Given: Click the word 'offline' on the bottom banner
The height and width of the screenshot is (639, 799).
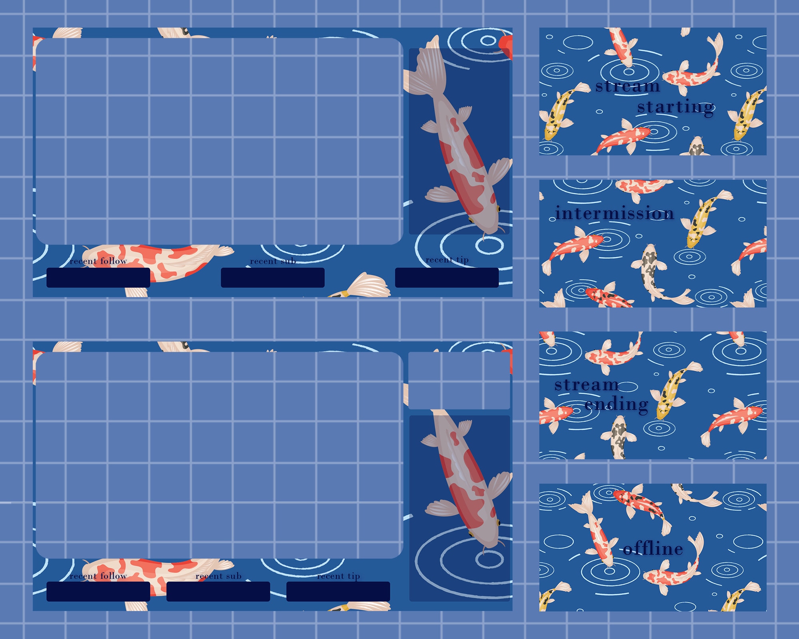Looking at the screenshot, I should (x=653, y=549).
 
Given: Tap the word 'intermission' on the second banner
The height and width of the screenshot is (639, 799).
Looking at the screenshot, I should (x=614, y=213).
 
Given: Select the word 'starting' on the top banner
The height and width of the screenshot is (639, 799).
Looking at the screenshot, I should (x=675, y=107).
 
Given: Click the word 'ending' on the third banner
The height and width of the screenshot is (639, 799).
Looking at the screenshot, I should (x=616, y=404).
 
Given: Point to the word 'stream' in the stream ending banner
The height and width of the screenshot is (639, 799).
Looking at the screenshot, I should (x=586, y=385).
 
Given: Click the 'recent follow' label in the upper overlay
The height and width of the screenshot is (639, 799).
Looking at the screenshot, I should (x=98, y=261).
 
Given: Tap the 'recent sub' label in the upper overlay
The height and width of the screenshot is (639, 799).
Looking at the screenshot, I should (x=273, y=261).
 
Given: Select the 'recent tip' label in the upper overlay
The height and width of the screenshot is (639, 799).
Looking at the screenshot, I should (x=447, y=260).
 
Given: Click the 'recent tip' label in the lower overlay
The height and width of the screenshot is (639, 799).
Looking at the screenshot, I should (x=338, y=576).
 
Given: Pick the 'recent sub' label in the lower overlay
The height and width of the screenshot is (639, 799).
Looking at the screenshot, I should (x=219, y=576).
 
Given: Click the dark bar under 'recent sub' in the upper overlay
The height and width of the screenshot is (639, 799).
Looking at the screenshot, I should (x=272, y=278).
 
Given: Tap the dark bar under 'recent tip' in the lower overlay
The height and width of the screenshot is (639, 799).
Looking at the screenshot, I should (x=338, y=591).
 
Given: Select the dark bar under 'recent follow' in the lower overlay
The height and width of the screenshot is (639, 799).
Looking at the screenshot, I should (x=98, y=591).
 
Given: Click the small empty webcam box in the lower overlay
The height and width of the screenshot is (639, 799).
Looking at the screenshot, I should (x=459, y=381).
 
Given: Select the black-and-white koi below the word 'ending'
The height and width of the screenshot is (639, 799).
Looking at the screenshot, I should (x=618, y=437).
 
